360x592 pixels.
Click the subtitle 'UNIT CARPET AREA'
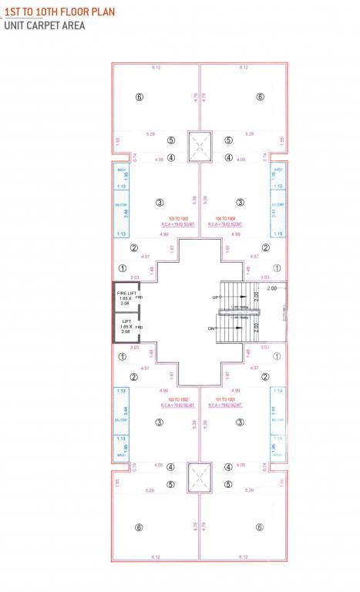[42, 25]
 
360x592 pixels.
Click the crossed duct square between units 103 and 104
[200, 144]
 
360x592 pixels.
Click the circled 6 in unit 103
[139, 97]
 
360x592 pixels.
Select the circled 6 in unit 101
[260, 527]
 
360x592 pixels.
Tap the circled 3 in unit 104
[241, 203]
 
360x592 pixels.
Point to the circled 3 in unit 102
[159, 422]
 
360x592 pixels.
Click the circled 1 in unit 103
[122, 268]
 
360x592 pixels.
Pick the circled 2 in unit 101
[265, 377]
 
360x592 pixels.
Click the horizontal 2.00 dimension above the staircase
[271, 287]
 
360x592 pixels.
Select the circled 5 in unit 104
[228, 140]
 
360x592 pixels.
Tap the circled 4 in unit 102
[171, 466]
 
